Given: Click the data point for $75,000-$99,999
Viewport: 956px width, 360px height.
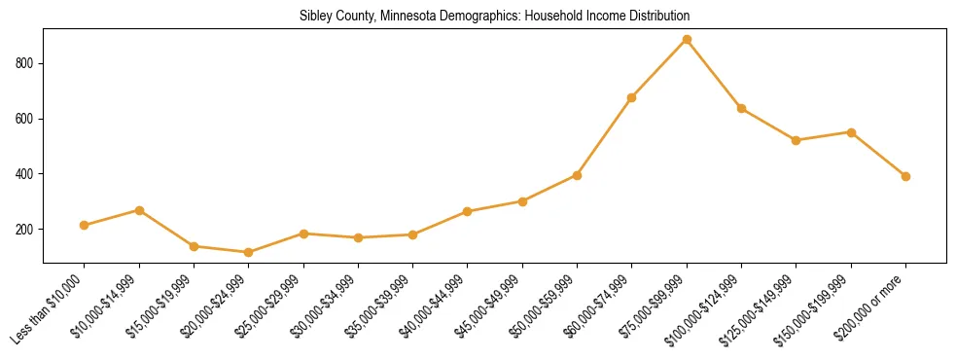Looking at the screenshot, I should (x=687, y=40).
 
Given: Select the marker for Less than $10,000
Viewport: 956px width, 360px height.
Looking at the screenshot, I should (x=85, y=225).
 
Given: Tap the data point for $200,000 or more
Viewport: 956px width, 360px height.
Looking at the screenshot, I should (x=905, y=176).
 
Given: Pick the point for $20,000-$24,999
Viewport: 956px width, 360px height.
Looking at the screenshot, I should (x=249, y=252).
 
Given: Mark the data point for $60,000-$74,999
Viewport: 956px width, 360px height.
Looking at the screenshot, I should (x=632, y=97).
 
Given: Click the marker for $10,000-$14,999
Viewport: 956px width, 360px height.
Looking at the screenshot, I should (x=139, y=210).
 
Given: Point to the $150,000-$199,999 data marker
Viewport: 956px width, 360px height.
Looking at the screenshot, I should (x=851, y=132).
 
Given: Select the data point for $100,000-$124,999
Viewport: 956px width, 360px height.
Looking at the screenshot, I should (x=741, y=108).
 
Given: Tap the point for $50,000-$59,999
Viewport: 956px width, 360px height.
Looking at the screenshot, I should (x=577, y=175).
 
